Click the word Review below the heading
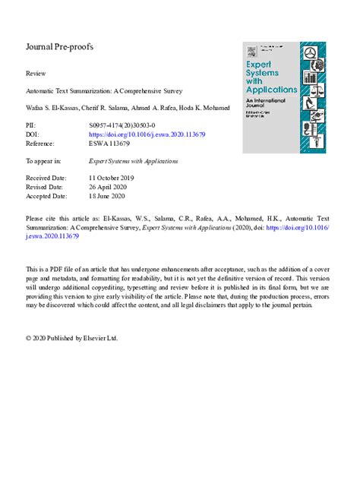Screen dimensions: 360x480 (x=35, y=74)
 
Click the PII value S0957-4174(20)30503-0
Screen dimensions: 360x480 (x=122, y=123)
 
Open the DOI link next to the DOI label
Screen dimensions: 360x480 (x=148, y=132)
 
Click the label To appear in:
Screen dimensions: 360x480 (x=44, y=160)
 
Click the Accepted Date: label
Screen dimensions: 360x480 (x=47, y=196)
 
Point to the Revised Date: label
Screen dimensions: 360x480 (x=45, y=187)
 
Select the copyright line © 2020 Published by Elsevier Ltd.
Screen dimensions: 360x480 (x=71, y=338)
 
